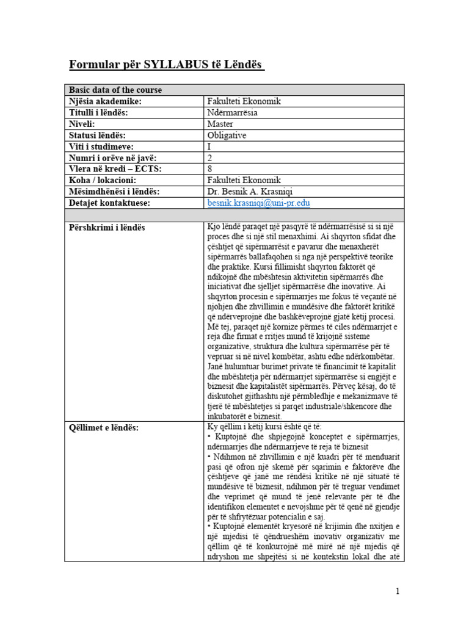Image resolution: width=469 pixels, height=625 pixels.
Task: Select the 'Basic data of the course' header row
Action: [x=115, y=90]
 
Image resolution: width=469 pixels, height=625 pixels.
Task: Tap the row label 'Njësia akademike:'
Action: [x=105, y=101]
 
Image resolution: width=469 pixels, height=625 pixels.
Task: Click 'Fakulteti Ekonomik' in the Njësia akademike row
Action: [x=244, y=101]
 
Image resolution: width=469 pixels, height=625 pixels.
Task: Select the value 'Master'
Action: [x=220, y=124]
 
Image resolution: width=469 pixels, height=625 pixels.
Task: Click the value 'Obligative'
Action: [x=227, y=135]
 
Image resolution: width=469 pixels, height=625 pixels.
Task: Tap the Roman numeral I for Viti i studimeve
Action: [x=209, y=146]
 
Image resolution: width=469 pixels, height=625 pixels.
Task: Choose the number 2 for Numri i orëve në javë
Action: [x=210, y=157]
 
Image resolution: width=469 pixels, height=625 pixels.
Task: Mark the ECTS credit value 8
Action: [x=210, y=169]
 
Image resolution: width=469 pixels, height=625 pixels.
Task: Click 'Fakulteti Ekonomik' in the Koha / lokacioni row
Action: [x=244, y=180]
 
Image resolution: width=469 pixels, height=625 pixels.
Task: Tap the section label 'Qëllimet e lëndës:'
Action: [x=104, y=427]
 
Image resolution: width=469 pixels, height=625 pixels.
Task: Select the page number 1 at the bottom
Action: [x=398, y=591]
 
